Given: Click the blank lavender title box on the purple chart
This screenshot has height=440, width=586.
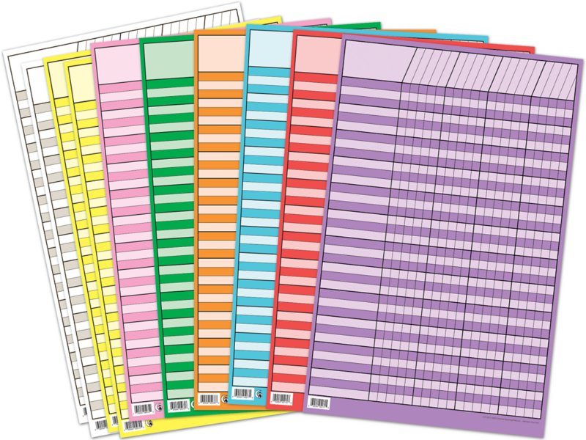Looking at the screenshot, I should point(376,62).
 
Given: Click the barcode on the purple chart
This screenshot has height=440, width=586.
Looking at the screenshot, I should point(319,402).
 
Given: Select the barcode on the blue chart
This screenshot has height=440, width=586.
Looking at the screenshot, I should point(242,393).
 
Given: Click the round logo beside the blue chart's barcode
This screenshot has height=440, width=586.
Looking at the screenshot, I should point(261,393).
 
